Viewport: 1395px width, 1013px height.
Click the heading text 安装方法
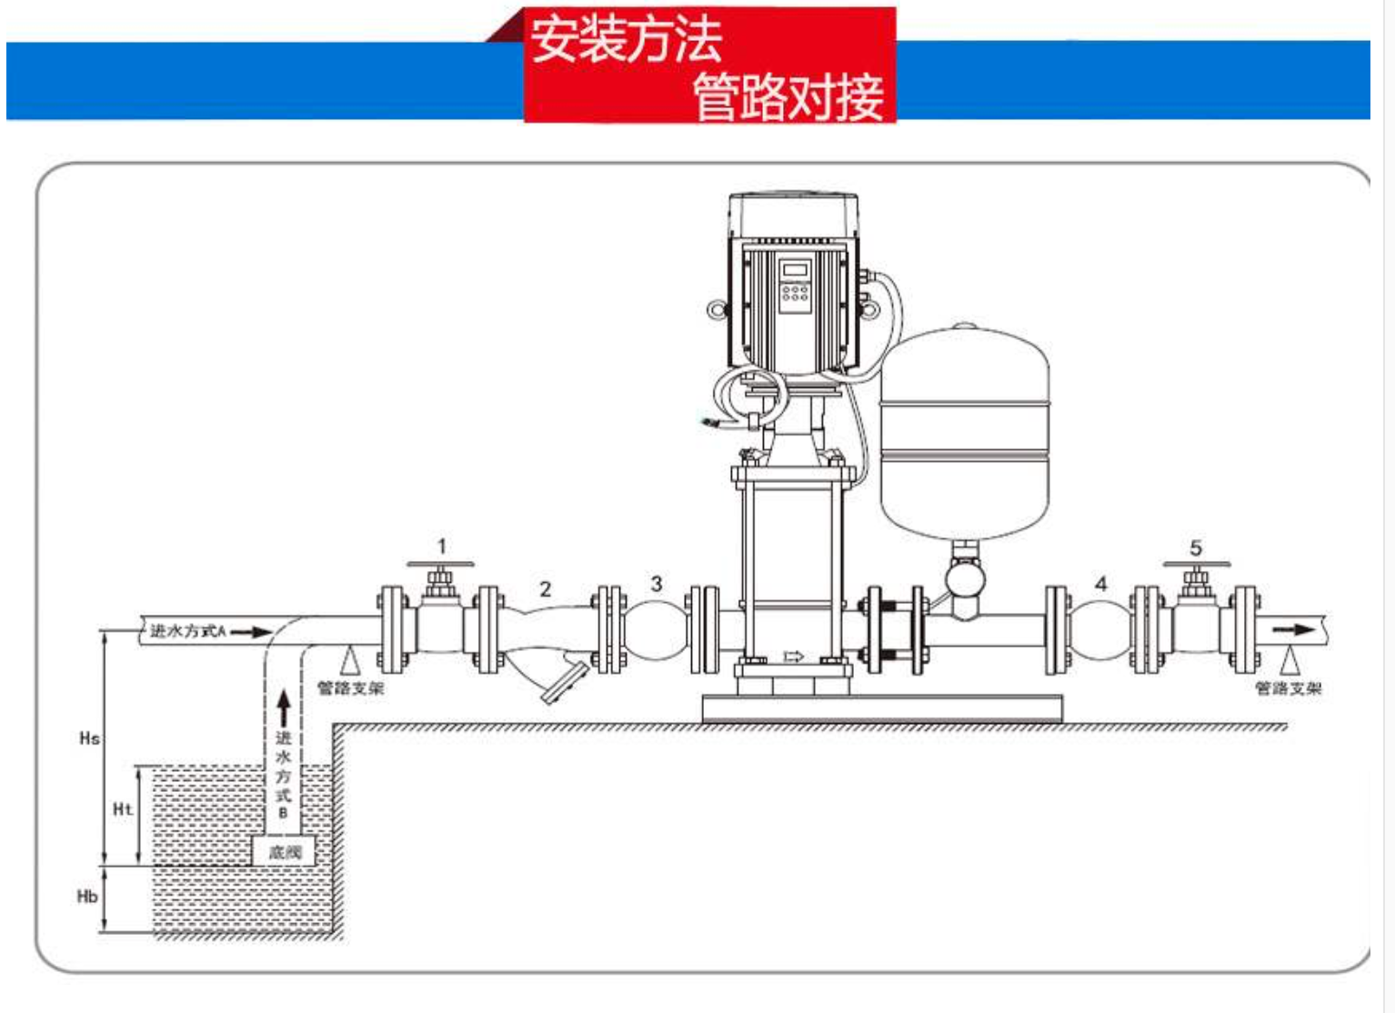point(626,39)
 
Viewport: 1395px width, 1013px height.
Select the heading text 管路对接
point(788,96)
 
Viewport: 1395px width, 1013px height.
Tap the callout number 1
point(442,547)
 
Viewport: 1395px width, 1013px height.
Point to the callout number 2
point(545,589)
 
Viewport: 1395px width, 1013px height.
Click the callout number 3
point(657,584)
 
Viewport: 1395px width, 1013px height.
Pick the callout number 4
point(1101,584)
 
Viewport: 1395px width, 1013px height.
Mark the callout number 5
point(1196,547)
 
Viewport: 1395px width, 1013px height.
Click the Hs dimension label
point(89,737)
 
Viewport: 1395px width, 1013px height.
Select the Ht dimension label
point(123,808)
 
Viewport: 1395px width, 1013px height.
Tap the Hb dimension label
point(87,897)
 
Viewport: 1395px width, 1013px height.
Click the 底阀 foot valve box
point(284,852)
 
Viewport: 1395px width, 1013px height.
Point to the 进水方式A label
point(187,630)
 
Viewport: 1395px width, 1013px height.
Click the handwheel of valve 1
point(440,565)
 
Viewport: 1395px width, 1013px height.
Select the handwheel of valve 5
point(1196,565)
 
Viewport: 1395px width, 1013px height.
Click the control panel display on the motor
point(796,270)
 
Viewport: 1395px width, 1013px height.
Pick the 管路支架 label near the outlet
point(1288,688)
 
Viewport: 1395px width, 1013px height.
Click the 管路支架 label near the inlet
point(350,688)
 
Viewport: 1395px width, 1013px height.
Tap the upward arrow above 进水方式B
point(284,708)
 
